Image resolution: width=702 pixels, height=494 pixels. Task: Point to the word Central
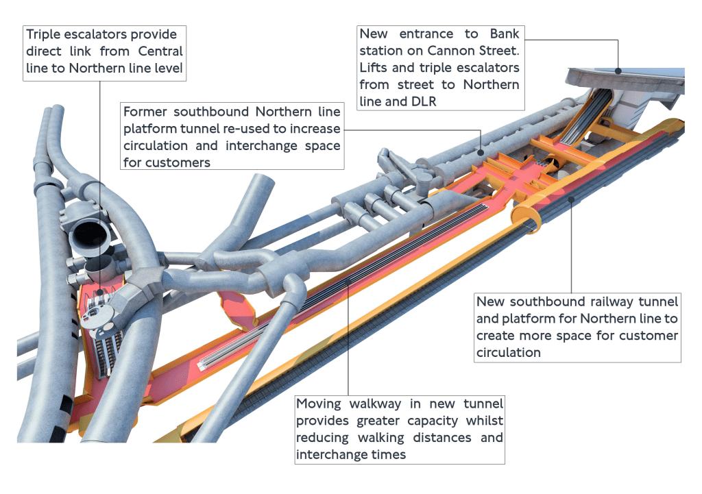(160, 51)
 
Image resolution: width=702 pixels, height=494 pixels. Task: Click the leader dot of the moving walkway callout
(348, 280)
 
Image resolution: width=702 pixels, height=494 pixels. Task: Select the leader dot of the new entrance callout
(618, 69)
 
